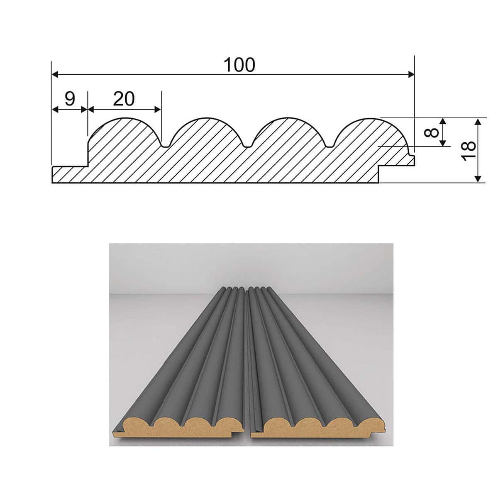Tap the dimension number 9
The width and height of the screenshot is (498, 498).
coord(70,98)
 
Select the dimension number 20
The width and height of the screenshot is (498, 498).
coord(124,98)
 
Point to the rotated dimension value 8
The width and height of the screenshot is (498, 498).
coord(435,132)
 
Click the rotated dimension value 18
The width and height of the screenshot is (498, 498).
coord(468,151)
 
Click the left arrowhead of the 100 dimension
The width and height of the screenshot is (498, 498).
coord(55,75)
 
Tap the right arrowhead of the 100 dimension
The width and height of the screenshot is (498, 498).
coord(411,75)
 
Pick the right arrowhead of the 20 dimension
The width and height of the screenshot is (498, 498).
coord(158,110)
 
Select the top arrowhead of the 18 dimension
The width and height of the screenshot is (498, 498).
coord(478,122)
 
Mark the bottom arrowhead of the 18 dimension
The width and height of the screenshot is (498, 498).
coord(478,179)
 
